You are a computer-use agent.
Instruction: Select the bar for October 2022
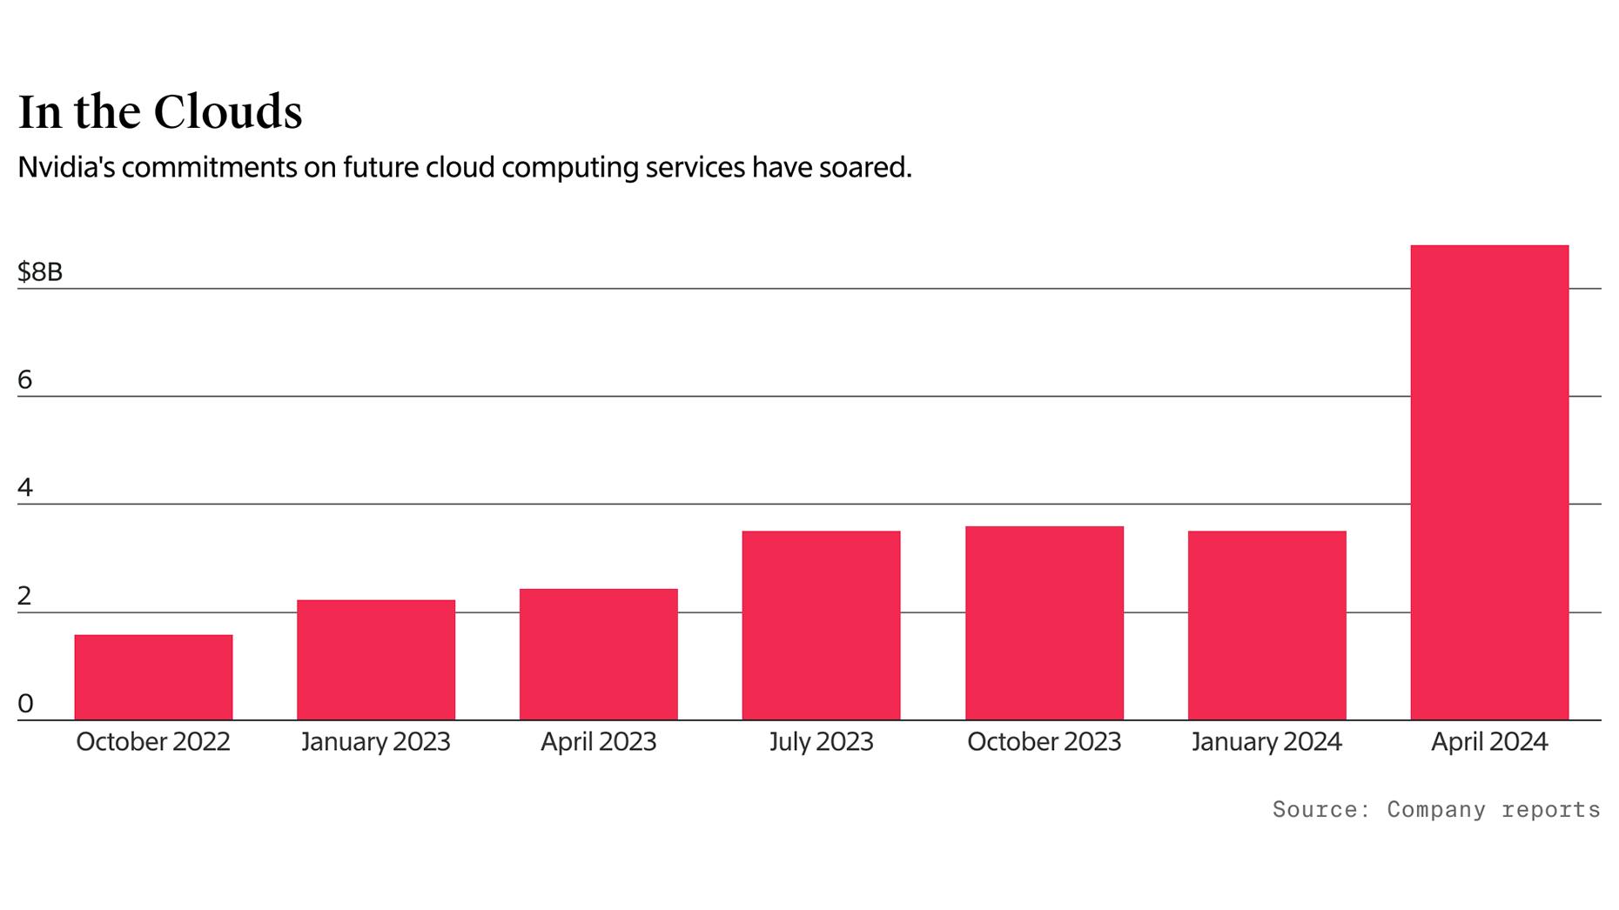coord(153,677)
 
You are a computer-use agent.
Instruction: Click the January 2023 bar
coord(376,659)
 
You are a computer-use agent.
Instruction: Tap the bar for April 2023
coord(599,654)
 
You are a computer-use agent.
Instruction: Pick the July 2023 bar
coord(821,625)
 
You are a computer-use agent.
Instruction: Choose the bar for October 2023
coord(1044,623)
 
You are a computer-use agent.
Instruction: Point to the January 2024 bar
coord(1266,625)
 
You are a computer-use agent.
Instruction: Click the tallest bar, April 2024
coord(1489,483)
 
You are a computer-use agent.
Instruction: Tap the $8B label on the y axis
coord(40,272)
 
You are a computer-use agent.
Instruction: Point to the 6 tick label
coord(25,380)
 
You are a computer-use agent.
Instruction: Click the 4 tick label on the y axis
coord(25,488)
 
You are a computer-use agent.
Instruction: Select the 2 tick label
coord(25,596)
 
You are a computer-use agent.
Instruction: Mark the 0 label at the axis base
coord(25,704)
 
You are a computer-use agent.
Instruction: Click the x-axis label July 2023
coord(821,742)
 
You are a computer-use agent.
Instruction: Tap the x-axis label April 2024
coord(1489,742)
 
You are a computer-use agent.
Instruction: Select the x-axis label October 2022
coord(153,742)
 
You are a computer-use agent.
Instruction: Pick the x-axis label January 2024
coord(1266,742)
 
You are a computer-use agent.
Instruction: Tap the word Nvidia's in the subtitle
coord(66,167)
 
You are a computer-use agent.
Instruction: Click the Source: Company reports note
coord(1436,810)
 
